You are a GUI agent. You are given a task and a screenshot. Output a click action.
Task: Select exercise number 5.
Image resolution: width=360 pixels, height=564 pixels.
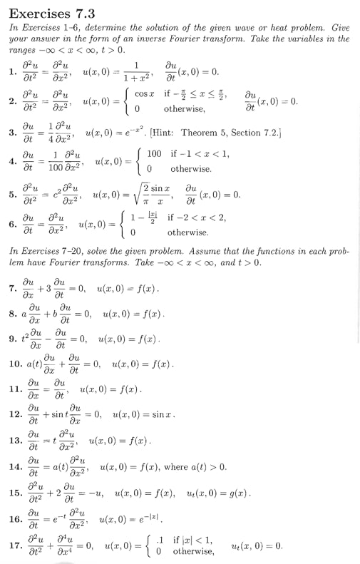12,194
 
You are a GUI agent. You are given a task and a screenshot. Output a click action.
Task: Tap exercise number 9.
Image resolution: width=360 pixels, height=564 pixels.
13,338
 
